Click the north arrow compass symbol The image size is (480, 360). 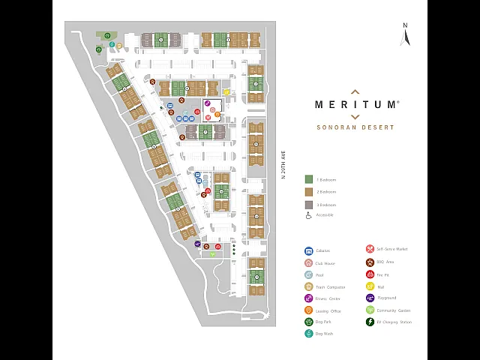point(405,35)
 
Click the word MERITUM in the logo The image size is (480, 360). point(355,105)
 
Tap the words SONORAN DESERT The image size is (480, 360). point(355,127)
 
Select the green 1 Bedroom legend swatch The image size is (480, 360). point(308,179)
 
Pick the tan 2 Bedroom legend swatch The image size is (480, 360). point(308,192)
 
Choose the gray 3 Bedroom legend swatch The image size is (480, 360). point(308,204)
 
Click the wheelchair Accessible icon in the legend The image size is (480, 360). point(308,215)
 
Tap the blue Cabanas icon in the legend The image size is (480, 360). point(308,251)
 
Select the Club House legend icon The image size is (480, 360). point(308,263)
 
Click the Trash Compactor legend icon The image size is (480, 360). point(308,286)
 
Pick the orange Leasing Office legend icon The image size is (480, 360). point(308,310)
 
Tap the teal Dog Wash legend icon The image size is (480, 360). point(308,334)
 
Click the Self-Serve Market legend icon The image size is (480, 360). point(370,249)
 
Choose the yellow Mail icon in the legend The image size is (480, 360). point(370,286)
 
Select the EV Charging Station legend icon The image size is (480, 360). point(370,322)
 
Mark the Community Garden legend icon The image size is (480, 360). point(370,310)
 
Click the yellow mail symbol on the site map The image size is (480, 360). point(226,92)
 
